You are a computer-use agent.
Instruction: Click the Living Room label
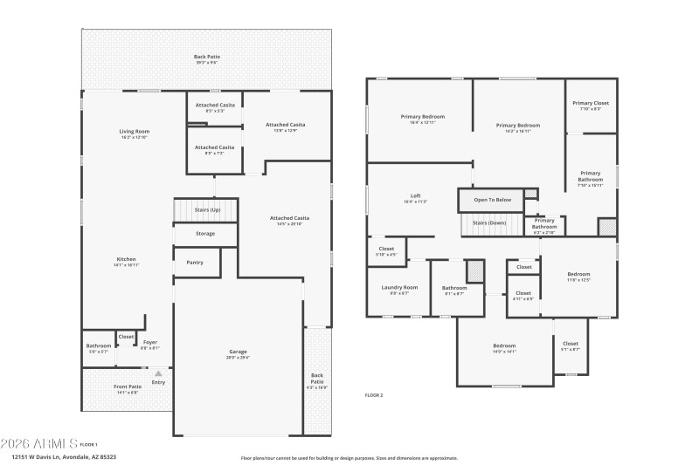135,132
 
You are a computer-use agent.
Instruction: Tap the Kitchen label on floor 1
127,259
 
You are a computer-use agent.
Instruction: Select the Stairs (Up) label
206,210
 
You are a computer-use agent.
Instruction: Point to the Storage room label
205,234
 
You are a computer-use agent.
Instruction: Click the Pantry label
195,262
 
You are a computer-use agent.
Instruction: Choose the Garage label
238,352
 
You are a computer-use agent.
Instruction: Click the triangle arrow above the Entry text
158,373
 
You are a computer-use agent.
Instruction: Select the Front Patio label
128,386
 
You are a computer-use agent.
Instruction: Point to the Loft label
416,195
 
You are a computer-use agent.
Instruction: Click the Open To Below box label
492,200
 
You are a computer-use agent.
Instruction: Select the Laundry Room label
398,287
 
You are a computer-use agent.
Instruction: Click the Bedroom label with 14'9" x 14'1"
504,345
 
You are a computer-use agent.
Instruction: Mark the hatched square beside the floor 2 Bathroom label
474,270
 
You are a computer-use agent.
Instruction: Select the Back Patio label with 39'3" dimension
207,58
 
